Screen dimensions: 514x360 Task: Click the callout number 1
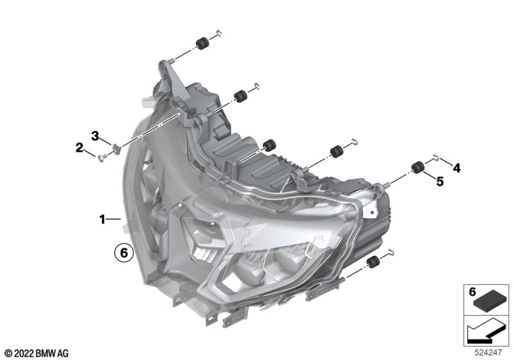coord(102,219)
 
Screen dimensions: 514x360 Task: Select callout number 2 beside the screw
coord(79,148)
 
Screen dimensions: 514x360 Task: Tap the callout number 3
coord(94,136)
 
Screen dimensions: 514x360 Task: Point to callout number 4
coord(456,168)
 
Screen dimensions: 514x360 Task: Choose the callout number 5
coord(440,181)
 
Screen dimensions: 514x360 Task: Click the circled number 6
coord(124,253)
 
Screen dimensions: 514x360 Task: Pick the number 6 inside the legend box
coord(472,291)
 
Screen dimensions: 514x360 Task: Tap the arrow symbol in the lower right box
coord(486,331)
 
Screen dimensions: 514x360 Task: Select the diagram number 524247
coord(488,353)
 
